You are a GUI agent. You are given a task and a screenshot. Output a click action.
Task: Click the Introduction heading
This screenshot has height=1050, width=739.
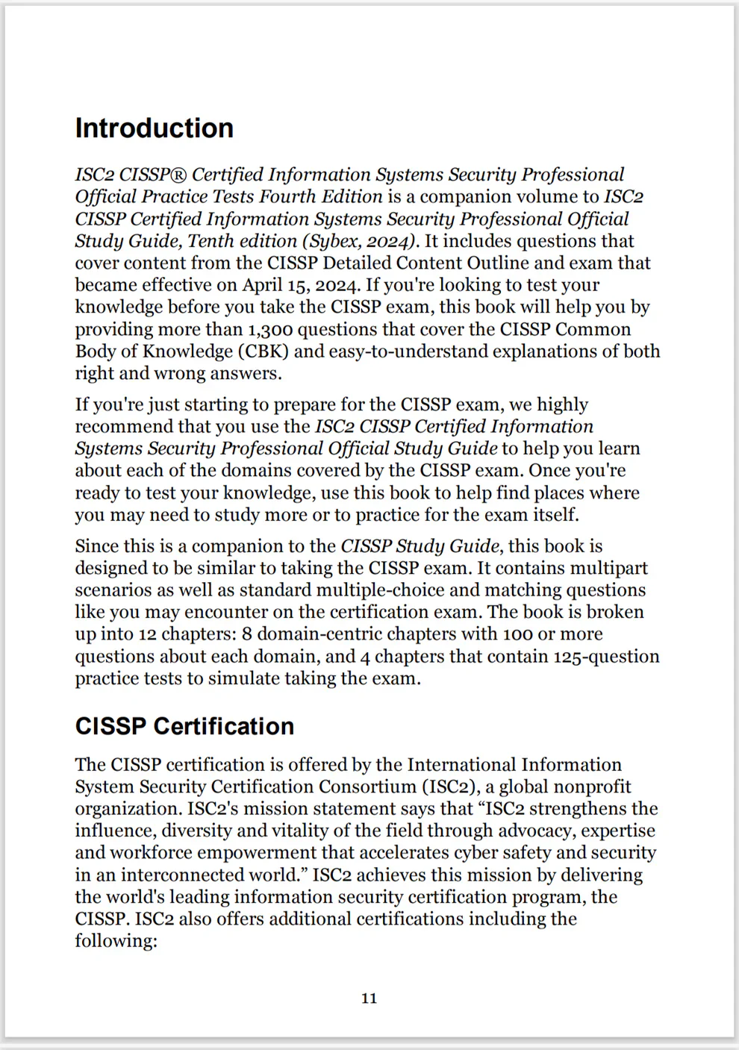tap(154, 128)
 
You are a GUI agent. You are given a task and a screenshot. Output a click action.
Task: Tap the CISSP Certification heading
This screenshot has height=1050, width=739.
tap(184, 726)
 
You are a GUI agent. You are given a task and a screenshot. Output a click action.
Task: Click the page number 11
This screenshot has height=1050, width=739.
tap(369, 999)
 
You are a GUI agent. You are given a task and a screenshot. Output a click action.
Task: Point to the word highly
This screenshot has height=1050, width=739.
tap(563, 404)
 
